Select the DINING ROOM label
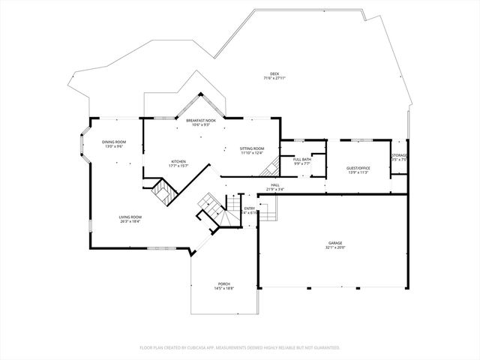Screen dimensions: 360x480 (114, 142)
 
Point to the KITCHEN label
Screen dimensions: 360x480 (178, 161)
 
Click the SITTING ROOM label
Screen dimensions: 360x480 (252, 148)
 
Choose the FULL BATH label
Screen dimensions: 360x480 (302, 158)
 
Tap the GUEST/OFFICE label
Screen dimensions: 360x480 (358, 168)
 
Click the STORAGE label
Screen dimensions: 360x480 (399, 155)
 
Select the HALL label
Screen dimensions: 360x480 (275, 184)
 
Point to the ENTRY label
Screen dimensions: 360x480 (250, 208)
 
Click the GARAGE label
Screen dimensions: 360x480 (335, 243)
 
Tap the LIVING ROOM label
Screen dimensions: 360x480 (130, 217)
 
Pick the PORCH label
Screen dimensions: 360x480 (224, 283)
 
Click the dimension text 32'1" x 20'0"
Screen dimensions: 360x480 (335, 247)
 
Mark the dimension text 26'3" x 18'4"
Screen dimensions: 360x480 (130, 221)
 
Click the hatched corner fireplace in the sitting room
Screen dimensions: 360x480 (274, 168)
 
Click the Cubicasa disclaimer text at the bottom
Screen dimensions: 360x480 (240, 348)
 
